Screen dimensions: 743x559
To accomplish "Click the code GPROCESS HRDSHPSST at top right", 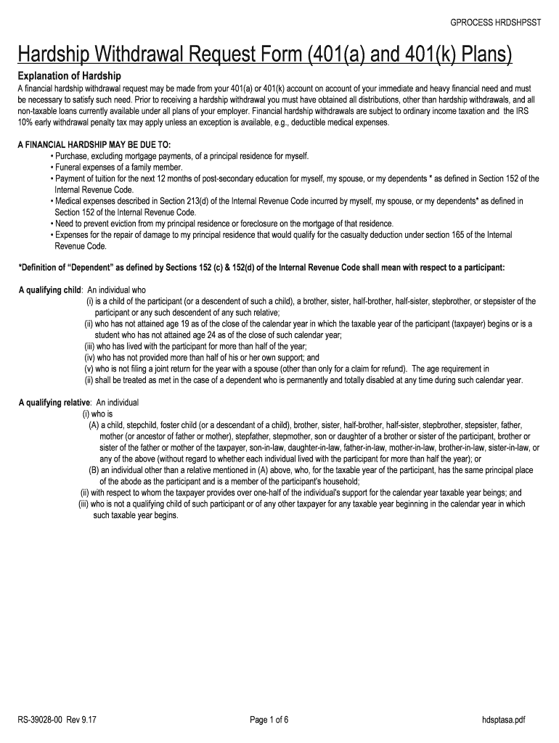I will pos(495,22).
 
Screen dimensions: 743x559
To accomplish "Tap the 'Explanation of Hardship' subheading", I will pos(69,76).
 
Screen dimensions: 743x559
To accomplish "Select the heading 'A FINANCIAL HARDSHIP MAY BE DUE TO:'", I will pos(94,144).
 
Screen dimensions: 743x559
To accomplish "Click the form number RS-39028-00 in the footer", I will pos(44,720).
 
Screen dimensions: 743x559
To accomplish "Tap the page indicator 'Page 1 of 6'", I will pos(269,720).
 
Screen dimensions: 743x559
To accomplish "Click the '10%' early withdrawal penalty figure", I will pos(27,123).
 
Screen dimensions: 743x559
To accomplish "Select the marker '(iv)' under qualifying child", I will pos(91,358).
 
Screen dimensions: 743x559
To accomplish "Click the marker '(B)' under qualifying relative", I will pos(94,470).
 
